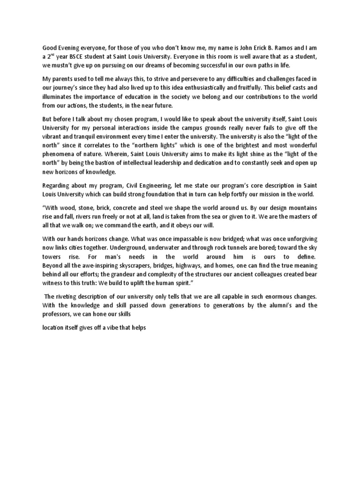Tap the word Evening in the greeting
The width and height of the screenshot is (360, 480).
[x=71, y=47]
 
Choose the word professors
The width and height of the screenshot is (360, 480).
[x=59, y=315]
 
